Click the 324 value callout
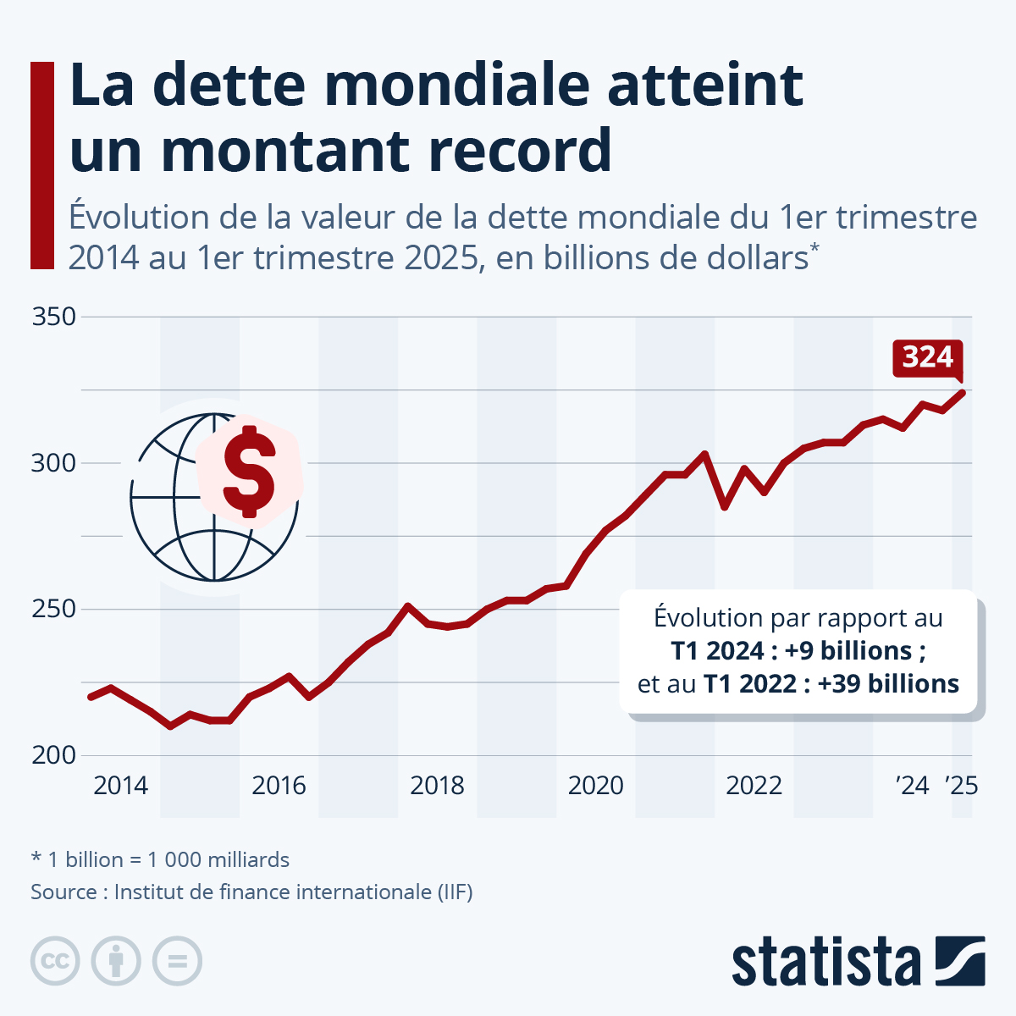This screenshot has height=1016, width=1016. tap(928, 357)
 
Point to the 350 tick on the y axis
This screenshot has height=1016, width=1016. tap(54, 317)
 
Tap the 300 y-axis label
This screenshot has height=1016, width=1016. tap(54, 463)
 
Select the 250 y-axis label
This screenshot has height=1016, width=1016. tap(54, 609)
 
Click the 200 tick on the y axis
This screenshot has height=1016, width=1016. tap(54, 754)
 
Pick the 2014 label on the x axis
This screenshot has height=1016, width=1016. tap(120, 786)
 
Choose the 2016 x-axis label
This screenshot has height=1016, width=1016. tap(279, 786)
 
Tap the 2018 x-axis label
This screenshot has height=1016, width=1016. tap(437, 786)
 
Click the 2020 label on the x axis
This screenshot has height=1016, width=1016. tap(595, 786)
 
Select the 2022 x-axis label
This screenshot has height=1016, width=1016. tap(754, 786)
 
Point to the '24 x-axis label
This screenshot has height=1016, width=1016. tap(913, 786)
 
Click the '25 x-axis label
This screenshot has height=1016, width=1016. tap(962, 786)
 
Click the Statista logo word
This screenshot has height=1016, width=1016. tap(825, 963)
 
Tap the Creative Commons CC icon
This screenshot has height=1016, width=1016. tap(56, 962)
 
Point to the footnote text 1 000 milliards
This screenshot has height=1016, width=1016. tap(218, 860)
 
